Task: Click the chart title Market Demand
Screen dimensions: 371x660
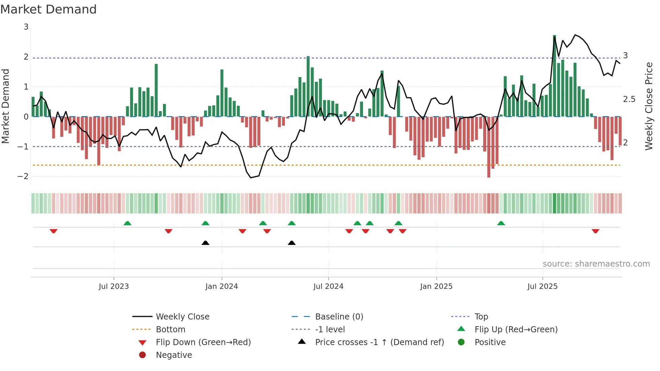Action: point(48,9)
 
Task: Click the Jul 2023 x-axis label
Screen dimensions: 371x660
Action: point(113,286)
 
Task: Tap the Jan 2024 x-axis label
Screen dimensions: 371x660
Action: point(222,286)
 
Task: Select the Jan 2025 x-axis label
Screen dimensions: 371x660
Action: point(436,286)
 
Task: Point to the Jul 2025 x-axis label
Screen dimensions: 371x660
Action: point(542,286)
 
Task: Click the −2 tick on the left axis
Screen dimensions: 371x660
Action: point(23,176)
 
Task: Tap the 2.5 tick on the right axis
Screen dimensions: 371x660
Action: point(629,99)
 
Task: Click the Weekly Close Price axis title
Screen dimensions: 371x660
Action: point(649,106)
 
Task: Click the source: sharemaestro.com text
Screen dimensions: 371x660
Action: point(596,264)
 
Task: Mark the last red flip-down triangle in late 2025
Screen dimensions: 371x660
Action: point(595,231)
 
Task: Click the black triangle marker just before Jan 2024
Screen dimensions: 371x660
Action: point(205,243)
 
